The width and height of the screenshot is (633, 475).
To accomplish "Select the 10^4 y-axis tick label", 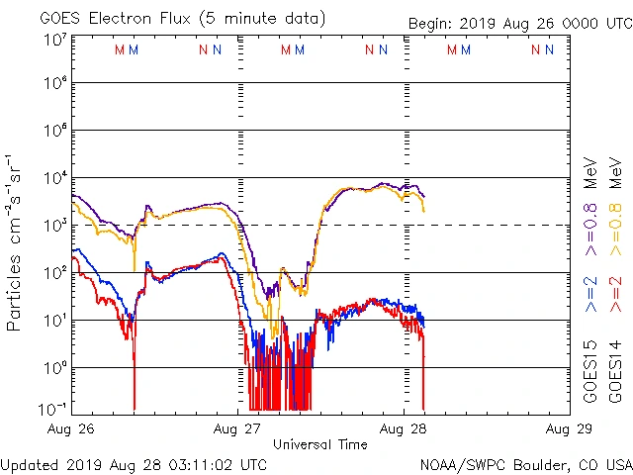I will point(54,178).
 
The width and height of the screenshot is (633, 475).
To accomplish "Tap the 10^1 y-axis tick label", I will point(54,321).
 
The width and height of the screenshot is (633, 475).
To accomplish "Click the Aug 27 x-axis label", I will point(238,429).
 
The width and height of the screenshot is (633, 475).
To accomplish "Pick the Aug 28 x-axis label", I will point(404,429).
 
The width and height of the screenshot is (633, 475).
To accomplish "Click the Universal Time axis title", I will point(319,444).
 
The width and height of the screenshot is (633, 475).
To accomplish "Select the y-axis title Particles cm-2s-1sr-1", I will point(14,241).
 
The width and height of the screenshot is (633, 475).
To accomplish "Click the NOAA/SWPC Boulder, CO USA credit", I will point(525,464).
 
